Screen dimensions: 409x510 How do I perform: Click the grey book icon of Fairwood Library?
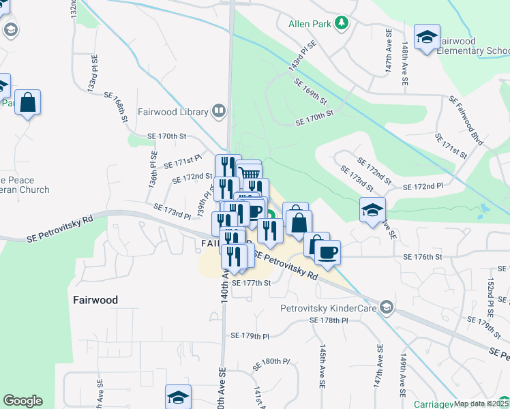(219, 110)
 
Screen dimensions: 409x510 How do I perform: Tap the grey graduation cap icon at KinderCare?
(387, 307)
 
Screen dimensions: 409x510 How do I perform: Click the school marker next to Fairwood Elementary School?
(427, 37)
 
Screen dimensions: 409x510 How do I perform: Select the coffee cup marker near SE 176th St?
(326, 252)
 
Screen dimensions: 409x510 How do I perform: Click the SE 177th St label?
(251, 283)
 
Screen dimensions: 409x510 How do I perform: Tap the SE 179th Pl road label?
(250, 335)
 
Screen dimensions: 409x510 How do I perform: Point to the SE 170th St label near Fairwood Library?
(166, 136)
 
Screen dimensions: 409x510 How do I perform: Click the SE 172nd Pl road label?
(423, 186)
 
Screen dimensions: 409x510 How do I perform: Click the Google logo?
(22, 401)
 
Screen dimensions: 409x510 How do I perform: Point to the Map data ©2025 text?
(481, 404)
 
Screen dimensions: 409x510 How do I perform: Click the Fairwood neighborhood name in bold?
(95, 300)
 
